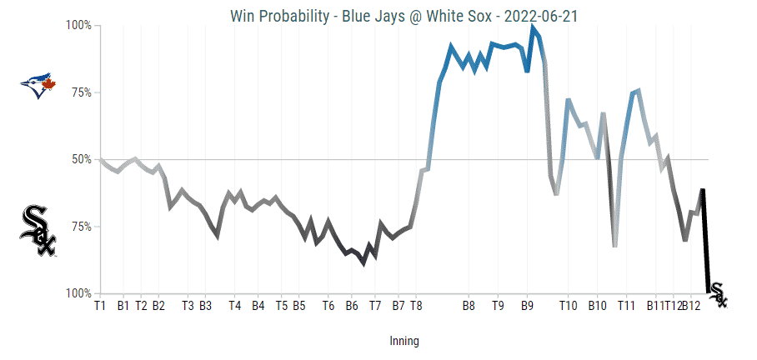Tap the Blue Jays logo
37,86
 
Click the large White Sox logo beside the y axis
37,230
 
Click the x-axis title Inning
404,341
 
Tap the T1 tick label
100,306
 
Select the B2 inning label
158,306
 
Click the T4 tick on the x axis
234,306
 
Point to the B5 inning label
298,306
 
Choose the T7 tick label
375,306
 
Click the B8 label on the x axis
469,306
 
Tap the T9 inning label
499,306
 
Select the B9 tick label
527,306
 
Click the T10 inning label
569,306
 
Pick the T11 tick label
627,306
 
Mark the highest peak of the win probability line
533,27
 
